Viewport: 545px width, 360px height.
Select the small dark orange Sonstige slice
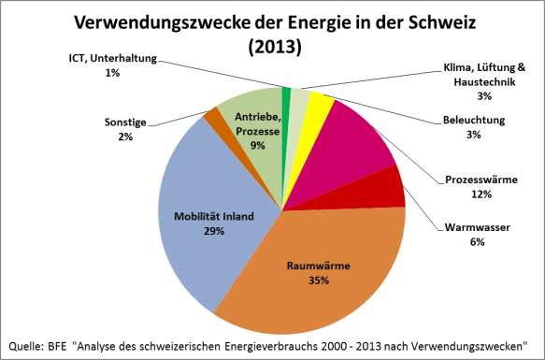[x=212, y=120]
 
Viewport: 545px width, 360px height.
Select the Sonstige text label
[x=125, y=122]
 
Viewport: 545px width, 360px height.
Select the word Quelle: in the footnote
[x=28, y=343]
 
